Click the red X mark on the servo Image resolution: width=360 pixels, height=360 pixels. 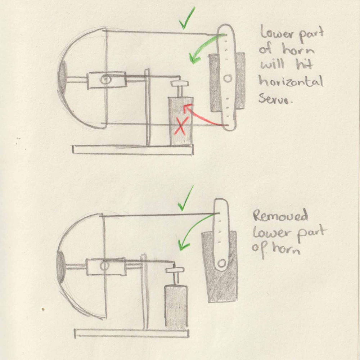(181, 127)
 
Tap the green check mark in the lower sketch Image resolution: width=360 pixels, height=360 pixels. (186, 199)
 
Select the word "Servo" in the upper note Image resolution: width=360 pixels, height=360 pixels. (276, 100)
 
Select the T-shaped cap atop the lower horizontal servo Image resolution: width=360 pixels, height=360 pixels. (175, 270)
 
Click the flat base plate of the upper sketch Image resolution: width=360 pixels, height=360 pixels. (132, 149)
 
